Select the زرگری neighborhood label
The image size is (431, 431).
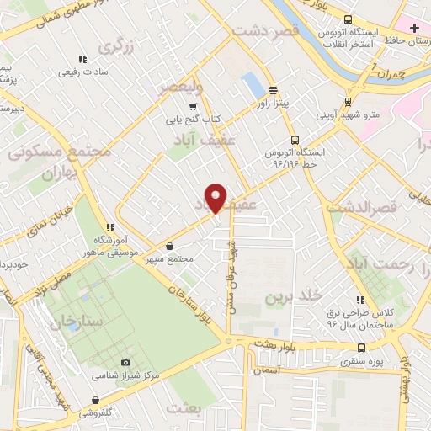116,46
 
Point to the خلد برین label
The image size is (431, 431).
294,296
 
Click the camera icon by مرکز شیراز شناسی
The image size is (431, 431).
126,362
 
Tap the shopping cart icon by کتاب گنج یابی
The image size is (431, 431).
193,107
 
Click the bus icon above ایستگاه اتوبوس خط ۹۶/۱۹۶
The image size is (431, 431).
294,140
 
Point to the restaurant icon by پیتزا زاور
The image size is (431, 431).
273,90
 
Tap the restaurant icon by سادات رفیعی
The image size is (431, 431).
82,59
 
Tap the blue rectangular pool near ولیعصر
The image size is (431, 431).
252,84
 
